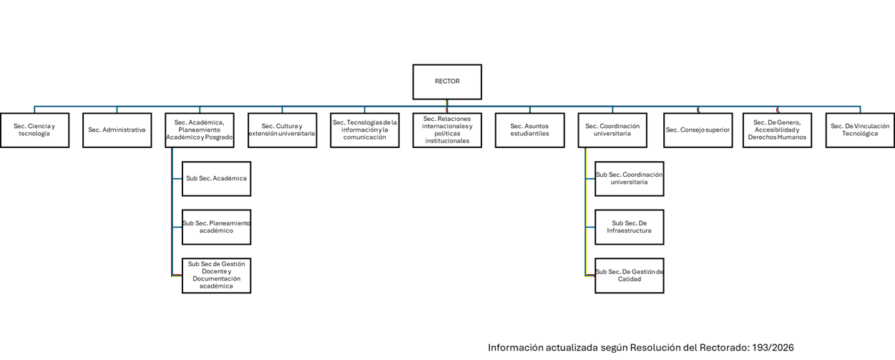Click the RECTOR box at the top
pyautogui.click(x=447, y=82)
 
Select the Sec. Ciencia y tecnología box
pyautogui.click(x=35, y=130)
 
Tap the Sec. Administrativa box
pyautogui.click(x=117, y=130)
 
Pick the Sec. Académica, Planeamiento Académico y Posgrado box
pyautogui.click(x=200, y=130)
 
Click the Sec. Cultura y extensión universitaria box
pyautogui.click(x=282, y=130)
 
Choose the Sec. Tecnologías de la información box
pyautogui.click(x=365, y=130)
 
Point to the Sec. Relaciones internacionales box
pyautogui.click(x=447, y=130)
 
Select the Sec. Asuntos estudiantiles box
pyautogui.click(x=529, y=130)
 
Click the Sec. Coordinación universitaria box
pyautogui.click(x=612, y=130)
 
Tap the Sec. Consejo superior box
pyautogui.click(x=698, y=130)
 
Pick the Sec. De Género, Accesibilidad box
pyautogui.click(x=777, y=130)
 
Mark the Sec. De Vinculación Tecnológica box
pyautogui.click(x=860, y=130)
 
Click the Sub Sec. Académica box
pyautogui.click(x=217, y=178)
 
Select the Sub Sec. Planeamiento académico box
pyautogui.click(x=217, y=227)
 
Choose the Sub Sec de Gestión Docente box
pyautogui.click(x=217, y=276)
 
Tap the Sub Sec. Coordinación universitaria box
pyautogui.click(x=630, y=178)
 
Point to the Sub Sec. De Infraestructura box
pyautogui.click(x=630, y=227)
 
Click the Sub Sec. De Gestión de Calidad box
pyautogui.click(x=630, y=276)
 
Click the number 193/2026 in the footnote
pyautogui.click(x=773, y=348)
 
